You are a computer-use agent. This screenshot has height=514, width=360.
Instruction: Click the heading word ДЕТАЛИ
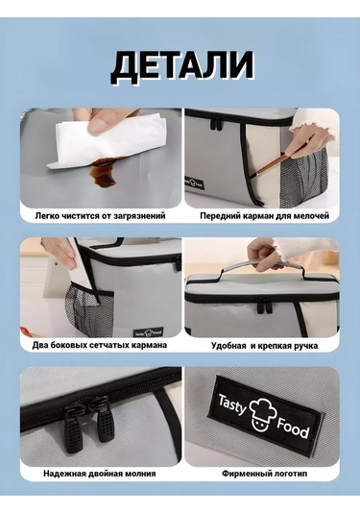[182, 68]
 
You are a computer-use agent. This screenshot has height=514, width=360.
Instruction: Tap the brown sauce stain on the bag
[103, 173]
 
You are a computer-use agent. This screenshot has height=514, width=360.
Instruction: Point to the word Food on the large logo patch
[293, 428]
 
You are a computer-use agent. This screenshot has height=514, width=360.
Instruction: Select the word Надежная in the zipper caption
[61, 474]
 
